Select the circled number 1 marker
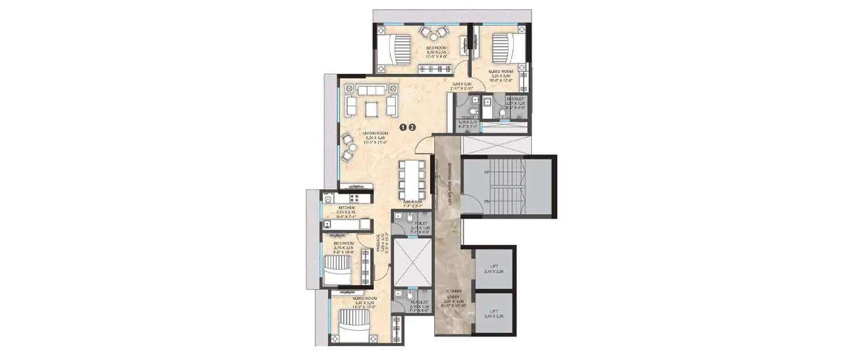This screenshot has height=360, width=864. coord(403,128)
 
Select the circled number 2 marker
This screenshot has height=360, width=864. coord(412,128)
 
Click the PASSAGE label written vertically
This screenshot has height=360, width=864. coord(378,244)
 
